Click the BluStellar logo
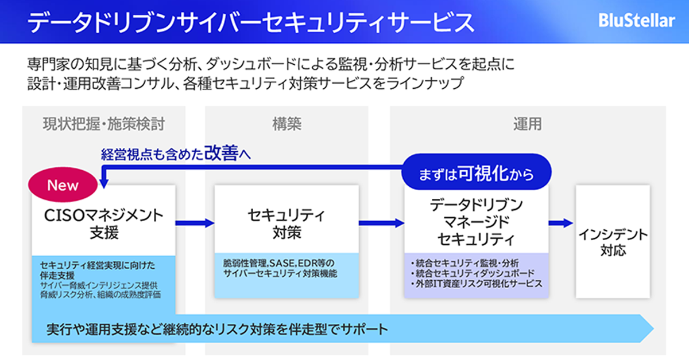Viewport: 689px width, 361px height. tap(637, 21)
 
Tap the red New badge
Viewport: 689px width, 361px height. tap(63, 186)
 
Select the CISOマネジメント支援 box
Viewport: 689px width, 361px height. tap(103, 223)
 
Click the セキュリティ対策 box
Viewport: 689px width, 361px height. tap(287, 223)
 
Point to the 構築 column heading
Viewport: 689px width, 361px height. tap(287, 123)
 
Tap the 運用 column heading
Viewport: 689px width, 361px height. tap(527, 123)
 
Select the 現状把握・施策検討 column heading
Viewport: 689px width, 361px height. tap(107, 123)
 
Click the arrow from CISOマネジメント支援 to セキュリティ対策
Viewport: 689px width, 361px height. tap(194, 223)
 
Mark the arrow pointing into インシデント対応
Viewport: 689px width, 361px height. tap(560, 223)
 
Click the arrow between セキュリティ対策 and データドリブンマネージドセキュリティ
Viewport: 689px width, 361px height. tap(381, 223)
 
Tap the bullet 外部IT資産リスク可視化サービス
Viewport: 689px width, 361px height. tap(477, 284)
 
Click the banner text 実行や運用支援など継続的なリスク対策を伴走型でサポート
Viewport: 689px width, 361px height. tap(218, 329)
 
